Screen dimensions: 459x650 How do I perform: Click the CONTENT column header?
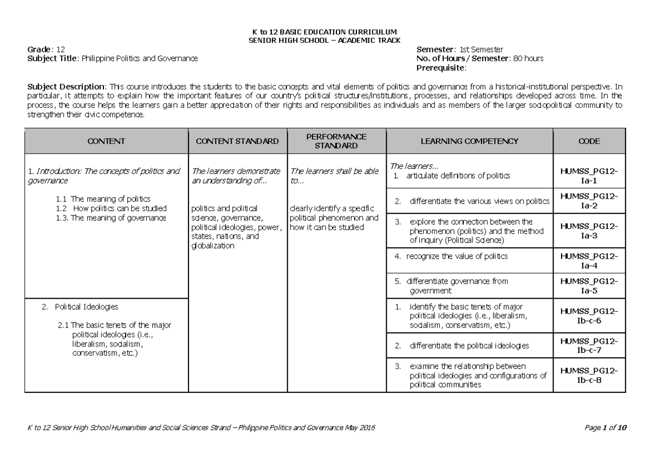coord(106,141)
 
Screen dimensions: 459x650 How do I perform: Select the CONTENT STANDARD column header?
coord(237,141)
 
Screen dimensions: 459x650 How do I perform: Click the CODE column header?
coord(589,141)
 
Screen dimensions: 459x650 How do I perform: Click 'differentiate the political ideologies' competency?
coord(469,345)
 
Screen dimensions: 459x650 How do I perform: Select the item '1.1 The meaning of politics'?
coord(103,199)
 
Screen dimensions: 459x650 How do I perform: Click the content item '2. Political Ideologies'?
coord(86,307)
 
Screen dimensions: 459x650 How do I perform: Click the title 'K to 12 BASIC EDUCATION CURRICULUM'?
coord(324,32)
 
